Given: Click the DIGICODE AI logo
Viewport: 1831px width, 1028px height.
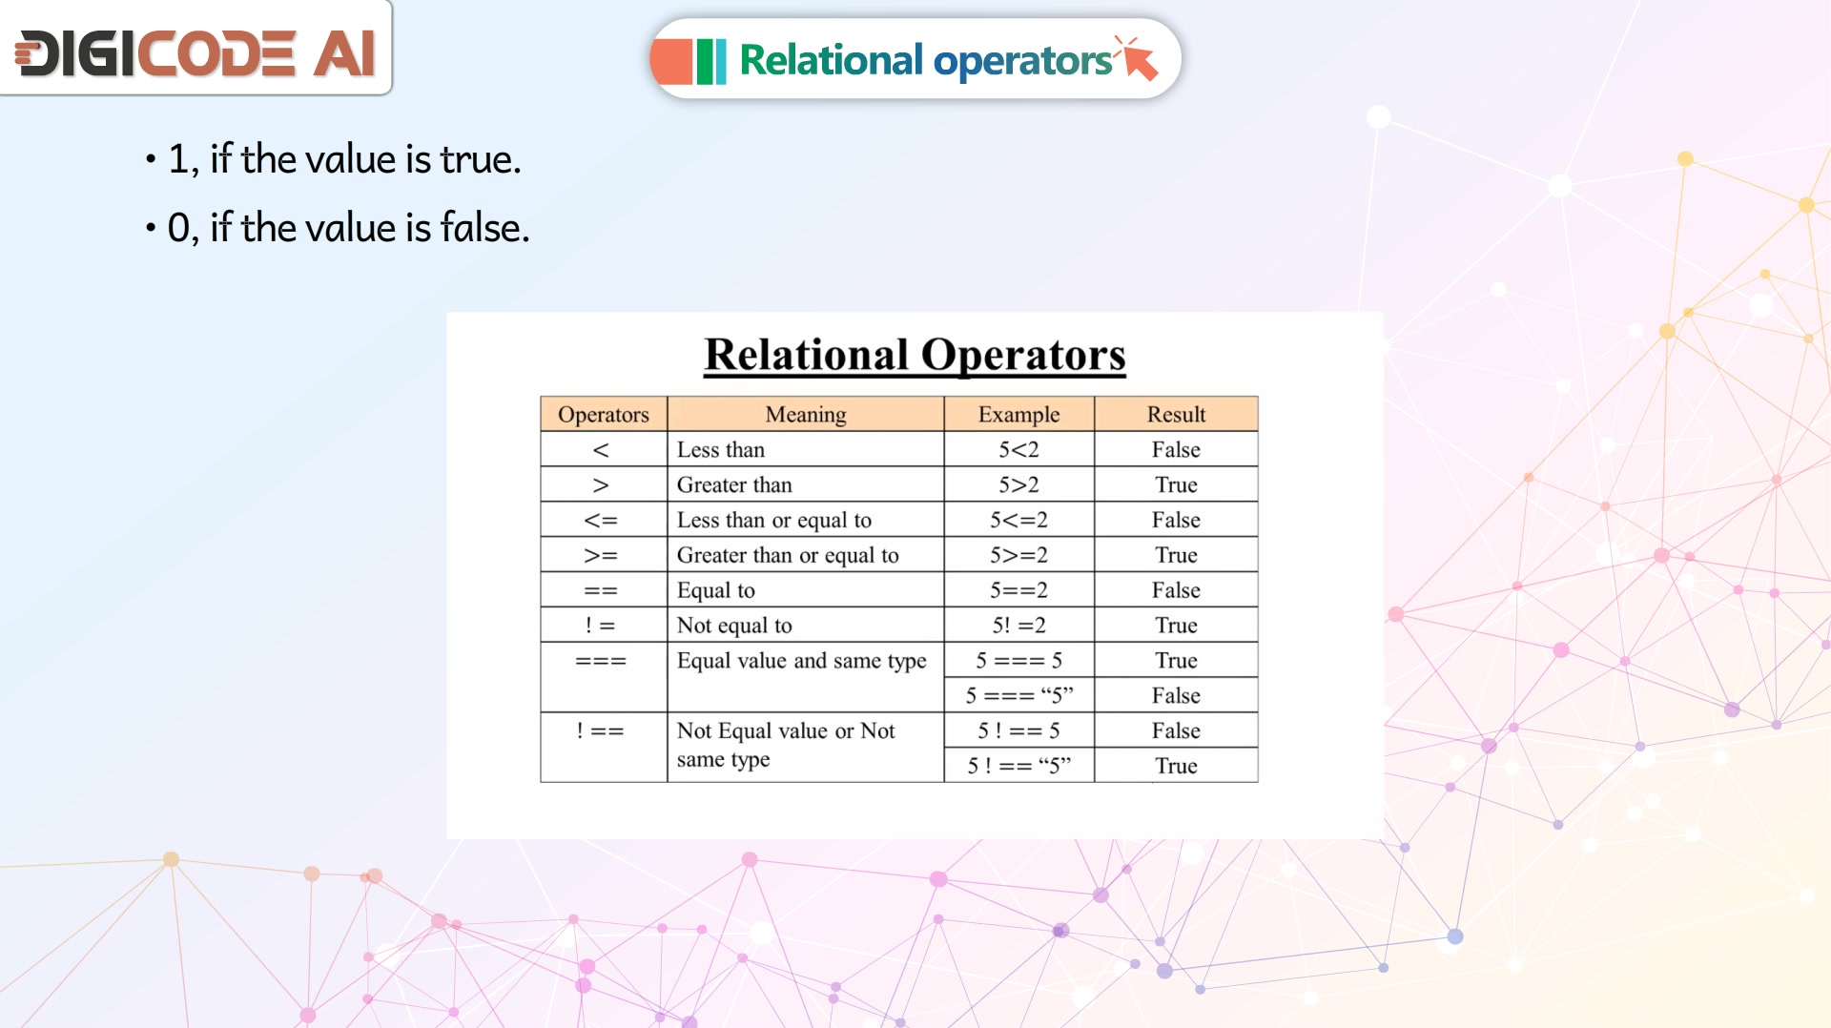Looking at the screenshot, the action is (195, 52).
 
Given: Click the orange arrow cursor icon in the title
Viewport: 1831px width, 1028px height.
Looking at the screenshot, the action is (1138, 58).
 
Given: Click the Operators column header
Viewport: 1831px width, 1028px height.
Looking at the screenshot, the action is (604, 414).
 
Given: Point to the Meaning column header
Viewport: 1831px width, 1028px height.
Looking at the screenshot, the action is (806, 414).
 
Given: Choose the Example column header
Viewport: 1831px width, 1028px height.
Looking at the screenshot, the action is (1018, 414).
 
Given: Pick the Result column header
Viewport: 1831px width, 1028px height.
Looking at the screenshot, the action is (1176, 414).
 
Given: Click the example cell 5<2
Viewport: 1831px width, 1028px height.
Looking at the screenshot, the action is (1018, 449).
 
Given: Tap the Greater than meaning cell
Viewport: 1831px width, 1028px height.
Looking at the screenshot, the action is (806, 484).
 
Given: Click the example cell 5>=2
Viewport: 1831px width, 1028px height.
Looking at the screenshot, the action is (1018, 555).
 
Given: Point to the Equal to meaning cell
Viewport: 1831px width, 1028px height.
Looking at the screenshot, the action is (806, 590).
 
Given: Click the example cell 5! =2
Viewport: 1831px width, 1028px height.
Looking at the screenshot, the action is (1018, 626).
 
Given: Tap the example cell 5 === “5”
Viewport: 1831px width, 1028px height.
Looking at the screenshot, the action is (1018, 695).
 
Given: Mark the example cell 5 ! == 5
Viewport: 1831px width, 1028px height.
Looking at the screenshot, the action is (1018, 730).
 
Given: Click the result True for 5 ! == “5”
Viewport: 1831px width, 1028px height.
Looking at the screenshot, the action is (1176, 766).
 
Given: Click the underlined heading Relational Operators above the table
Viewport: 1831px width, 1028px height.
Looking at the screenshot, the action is (915, 355).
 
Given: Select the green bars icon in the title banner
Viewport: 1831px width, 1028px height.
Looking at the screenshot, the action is (710, 61).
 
